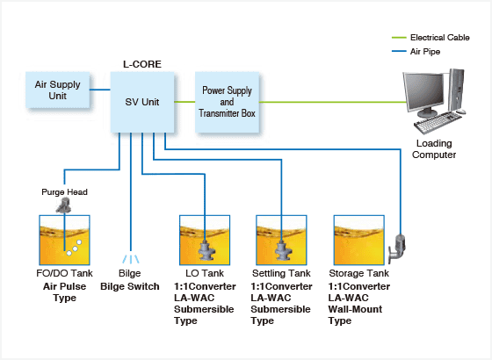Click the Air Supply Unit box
tap(58, 90)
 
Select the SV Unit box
tap(142, 102)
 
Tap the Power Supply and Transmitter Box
tap(228, 102)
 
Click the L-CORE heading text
tap(142, 64)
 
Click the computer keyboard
tap(438, 122)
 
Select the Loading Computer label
tap(434, 149)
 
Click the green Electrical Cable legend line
tap(399, 38)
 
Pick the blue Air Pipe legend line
tap(399, 51)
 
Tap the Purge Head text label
tap(64, 192)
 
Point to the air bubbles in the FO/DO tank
tap(74, 248)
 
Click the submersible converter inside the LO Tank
tap(206, 250)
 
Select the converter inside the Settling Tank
tap(282, 250)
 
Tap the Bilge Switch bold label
tap(130, 286)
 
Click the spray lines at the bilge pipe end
tap(131, 259)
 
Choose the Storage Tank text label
tap(359, 273)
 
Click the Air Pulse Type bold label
tap(65, 292)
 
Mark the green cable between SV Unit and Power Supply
tap(184, 102)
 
